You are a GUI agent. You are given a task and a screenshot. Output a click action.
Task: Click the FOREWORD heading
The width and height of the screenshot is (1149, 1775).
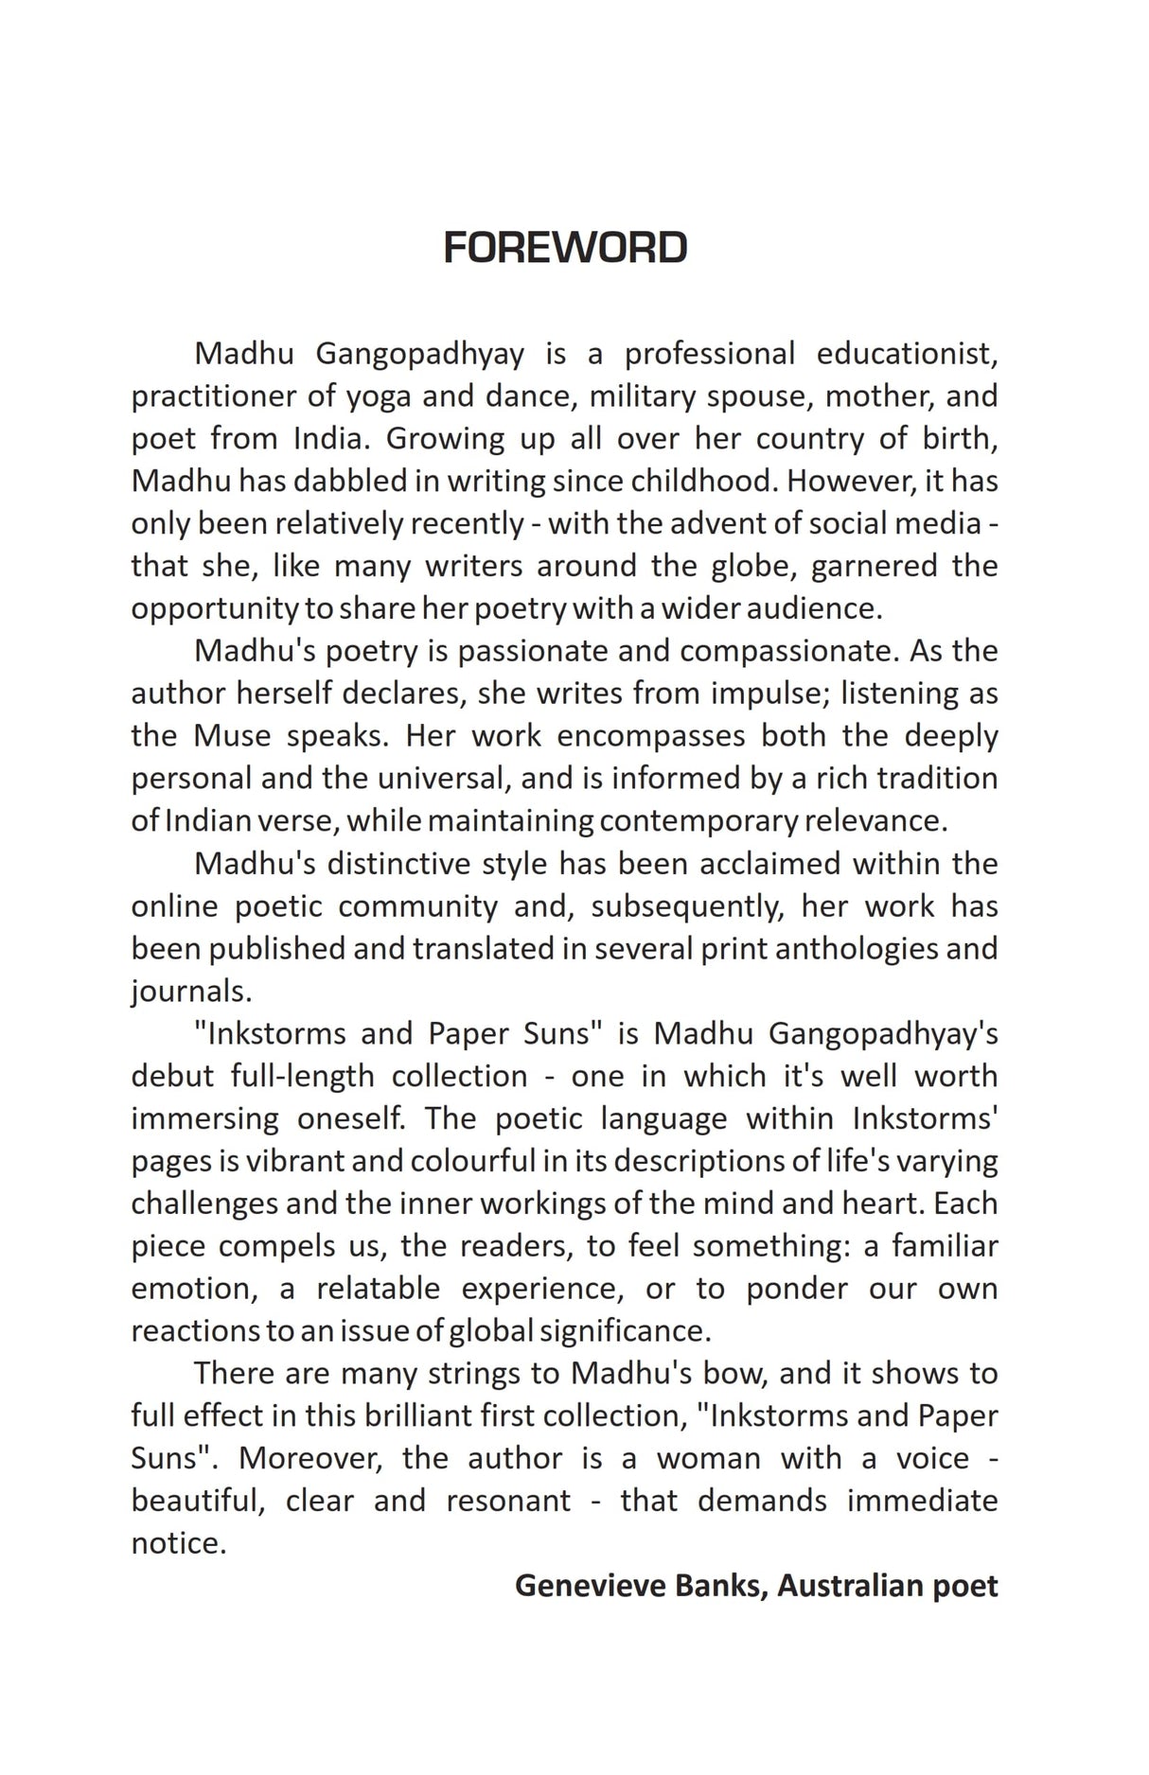coord(565,248)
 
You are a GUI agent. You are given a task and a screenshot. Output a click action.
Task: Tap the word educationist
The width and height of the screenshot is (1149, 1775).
coord(907,354)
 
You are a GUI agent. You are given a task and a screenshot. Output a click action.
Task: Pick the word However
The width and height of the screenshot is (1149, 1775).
coord(850,482)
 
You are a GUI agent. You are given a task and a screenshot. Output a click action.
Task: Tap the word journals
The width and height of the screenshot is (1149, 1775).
coord(190,992)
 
